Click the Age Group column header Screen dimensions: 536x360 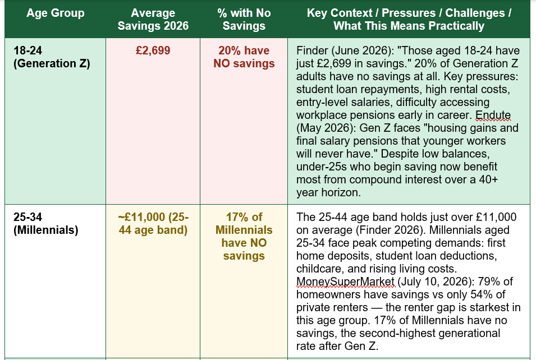(x=56, y=13)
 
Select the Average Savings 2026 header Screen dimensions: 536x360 (x=153, y=19)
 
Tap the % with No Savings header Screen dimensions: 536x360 (x=244, y=19)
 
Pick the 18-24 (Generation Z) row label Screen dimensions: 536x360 (x=52, y=57)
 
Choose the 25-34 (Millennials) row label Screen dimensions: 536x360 (x=46, y=223)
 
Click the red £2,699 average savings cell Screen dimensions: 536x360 (x=153, y=50)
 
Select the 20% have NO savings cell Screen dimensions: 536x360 (x=244, y=57)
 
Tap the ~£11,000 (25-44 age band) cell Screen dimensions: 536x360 (x=153, y=223)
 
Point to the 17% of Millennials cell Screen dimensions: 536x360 (x=244, y=237)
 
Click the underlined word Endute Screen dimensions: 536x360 (x=493, y=115)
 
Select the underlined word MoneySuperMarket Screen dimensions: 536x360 (x=345, y=281)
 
